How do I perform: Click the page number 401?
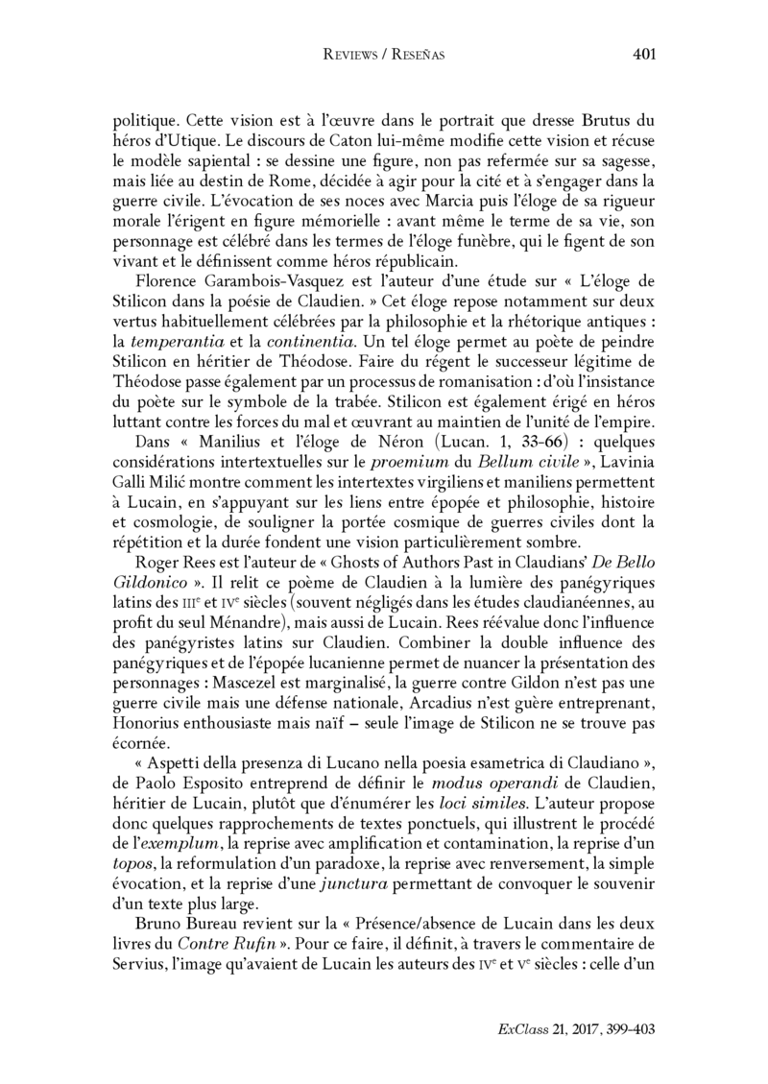click(x=644, y=55)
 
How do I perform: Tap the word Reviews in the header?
click(x=351, y=56)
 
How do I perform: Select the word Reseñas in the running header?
click(x=420, y=56)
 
